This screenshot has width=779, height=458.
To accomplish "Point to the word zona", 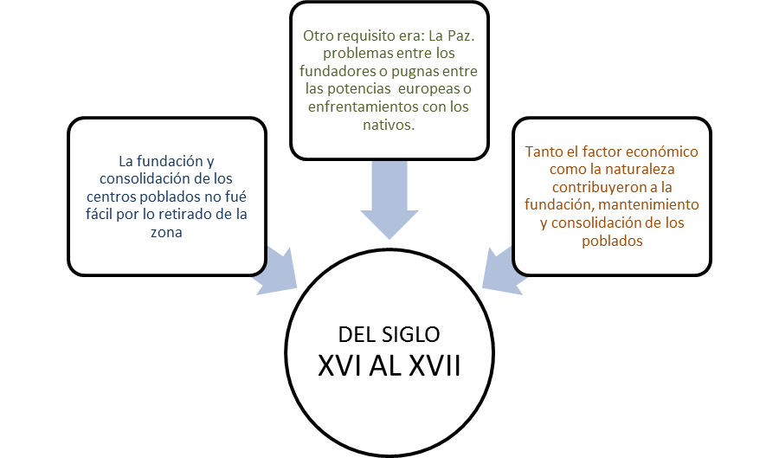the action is click(166, 232).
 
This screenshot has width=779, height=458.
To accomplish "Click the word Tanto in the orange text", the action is click(544, 151).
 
